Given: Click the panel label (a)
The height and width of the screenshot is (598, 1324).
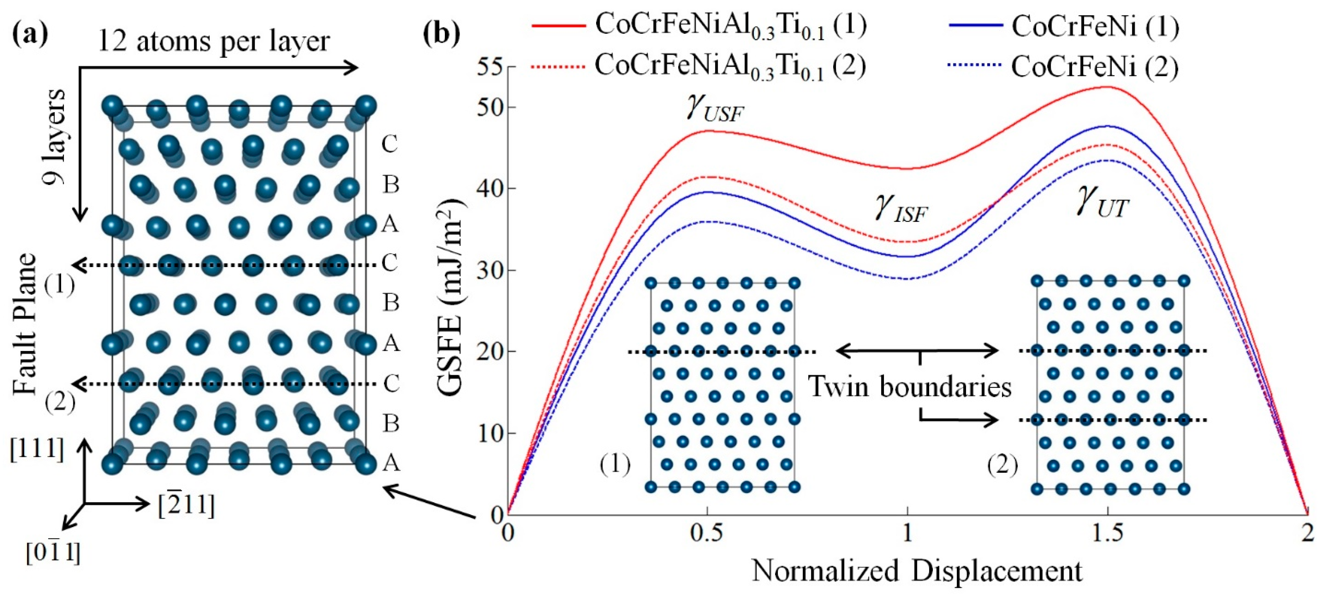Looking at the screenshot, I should tap(30, 34).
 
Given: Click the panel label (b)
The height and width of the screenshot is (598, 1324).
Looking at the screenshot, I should tap(441, 34).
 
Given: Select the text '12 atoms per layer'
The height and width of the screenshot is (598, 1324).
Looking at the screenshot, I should tap(213, 41).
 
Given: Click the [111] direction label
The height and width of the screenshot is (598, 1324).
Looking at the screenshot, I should tap(37, 449).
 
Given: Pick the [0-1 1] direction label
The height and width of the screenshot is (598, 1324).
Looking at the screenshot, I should tap(53, 553).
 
